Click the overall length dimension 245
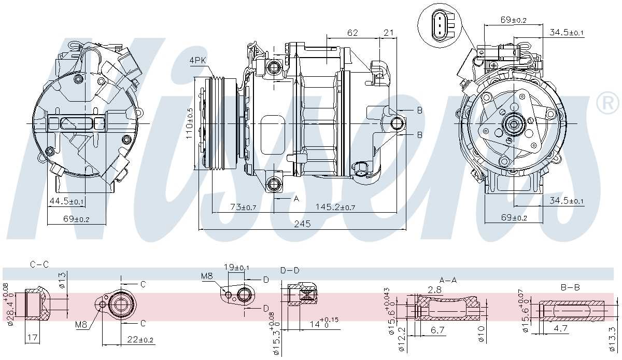302,224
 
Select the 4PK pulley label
197,61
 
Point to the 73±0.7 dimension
244,207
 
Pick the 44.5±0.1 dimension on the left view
66,201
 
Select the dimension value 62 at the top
352,33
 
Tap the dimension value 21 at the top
388,33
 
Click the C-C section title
39,264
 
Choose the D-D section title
290,270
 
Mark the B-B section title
570,287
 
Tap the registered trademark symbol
607,104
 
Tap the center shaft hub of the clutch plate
514,124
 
